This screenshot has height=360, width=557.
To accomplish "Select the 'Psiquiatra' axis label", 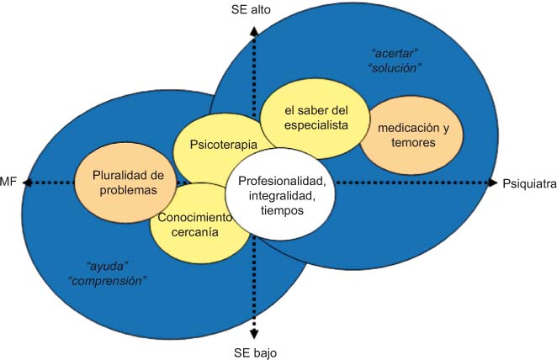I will (529, 183).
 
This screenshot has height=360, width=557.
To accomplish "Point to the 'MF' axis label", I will (9, 183).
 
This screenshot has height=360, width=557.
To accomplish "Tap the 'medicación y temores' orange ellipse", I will (408, 135).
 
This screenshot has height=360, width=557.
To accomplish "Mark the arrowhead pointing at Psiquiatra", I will (494, 183).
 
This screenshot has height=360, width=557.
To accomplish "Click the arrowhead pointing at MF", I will (28, 183).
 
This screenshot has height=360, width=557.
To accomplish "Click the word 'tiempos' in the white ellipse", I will (282, 211).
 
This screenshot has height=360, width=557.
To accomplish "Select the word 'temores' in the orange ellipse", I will (408, 142).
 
